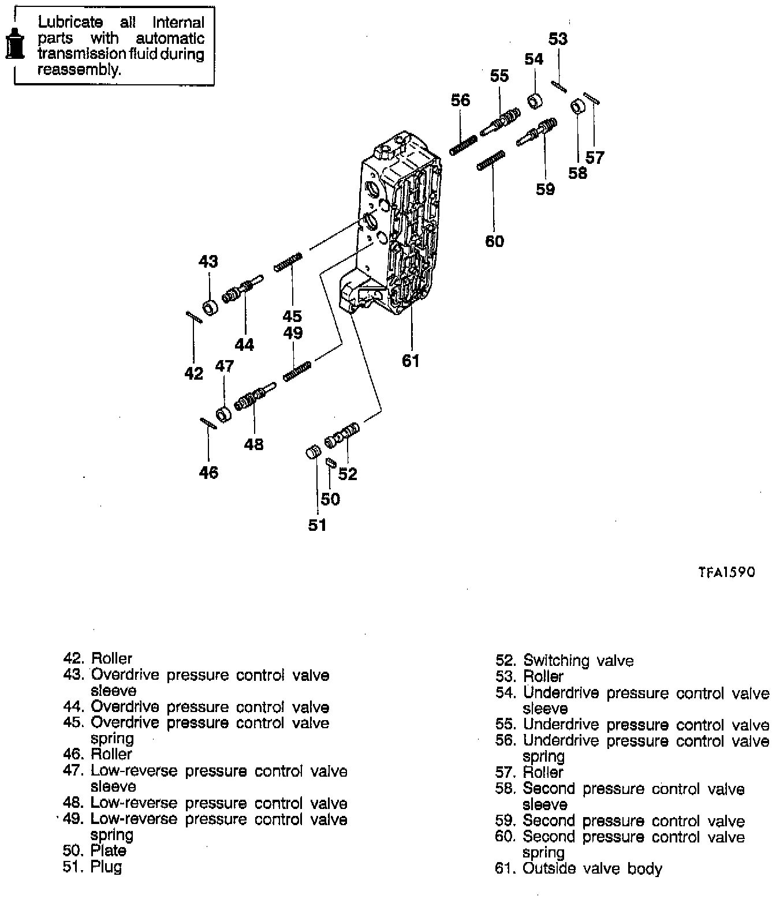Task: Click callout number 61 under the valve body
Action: coord(410,361)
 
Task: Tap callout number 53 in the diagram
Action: coord(558,39)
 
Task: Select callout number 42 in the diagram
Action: coord(194,373)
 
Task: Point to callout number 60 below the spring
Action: coord(494,241)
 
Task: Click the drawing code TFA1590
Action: coord(726,572)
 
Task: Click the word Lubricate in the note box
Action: coord(70,23)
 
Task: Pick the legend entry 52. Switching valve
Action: coord(565,661)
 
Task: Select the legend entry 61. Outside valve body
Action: coord(579,868)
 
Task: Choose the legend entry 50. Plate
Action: coord(95,851)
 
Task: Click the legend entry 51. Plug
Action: coord(92,866)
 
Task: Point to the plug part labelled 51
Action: coord(312,452)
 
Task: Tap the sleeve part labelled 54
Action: coord(536,101)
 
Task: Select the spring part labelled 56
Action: coord(463,145)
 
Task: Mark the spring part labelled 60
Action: coord(491,160)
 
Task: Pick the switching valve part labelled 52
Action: coord(342,435)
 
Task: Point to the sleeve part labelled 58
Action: coord(578,107)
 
